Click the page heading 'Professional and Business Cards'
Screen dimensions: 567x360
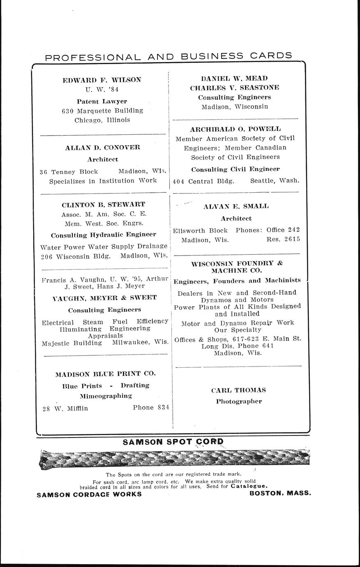(x=168, y=56)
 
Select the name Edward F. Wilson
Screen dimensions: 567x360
(x=102, y=80)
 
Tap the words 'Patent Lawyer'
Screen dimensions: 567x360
(x=102, y=101)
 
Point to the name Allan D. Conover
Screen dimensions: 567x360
(x=102, y=147)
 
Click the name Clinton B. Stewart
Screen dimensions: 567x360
(x=103, y=204)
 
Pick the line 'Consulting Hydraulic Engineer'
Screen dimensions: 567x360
(x=104, y=235)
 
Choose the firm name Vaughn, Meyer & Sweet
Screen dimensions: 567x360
(x=105, y=297)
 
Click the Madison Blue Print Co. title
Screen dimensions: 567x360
(x=105, y=374)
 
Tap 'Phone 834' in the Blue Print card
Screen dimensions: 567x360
(x=151, y=408)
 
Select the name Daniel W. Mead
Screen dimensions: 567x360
(x=234, y=78)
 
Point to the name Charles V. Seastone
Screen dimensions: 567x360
(x=234, y=88)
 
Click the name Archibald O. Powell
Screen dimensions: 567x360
(x=235, y=129)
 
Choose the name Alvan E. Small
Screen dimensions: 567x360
(x=236, y=207)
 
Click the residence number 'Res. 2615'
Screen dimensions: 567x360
(x=283, y=239)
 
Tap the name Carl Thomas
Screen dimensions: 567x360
(x=238, y=390)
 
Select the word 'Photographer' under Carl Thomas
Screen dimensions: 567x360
(x=239, y=401)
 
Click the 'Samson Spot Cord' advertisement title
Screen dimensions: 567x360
(x=173, y=442)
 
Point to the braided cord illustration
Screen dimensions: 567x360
(x=174, y=460)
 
